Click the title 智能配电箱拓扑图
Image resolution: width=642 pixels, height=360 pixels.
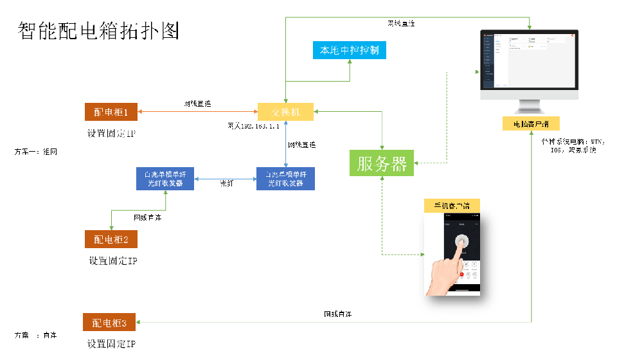click(x=98, y=30)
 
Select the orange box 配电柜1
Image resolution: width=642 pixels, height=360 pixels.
click(x=111, y=113)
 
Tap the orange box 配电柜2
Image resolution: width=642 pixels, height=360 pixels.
click(x=111, y=239)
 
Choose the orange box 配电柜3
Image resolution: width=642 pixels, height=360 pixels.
click(x=109, y=322)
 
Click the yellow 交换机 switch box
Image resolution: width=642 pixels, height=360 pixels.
click(x=285, y=113)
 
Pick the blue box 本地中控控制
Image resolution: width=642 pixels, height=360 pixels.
click(x=349, y=50)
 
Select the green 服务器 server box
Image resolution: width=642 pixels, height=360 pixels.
click(x=382, y=163)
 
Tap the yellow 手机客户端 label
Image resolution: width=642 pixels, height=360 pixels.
click(x=452, y=206)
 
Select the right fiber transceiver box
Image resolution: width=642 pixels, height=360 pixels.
click(x=285, y=179)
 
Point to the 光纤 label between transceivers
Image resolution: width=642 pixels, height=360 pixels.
click(x=227, y=184)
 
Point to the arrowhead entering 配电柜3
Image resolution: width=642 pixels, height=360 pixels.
click(x=140, y=322)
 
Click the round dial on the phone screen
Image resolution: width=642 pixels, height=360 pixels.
click(x=461, y=241)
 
